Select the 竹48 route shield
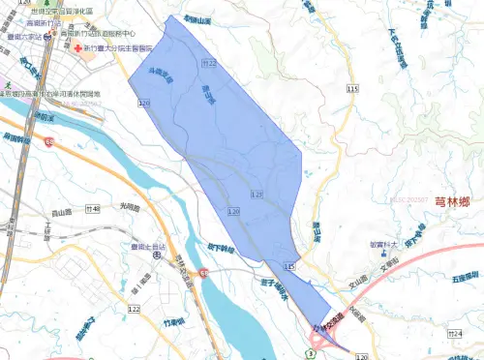pos(94,208)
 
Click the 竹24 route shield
pos(442,332)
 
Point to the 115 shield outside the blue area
pos(352,88)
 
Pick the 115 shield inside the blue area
pos(288,264)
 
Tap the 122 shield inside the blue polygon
pos(257,195)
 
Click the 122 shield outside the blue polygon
pos(134,308)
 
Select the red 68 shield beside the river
pos(204,275)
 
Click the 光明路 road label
pos(130,206)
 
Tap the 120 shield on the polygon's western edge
pos(144,103)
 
